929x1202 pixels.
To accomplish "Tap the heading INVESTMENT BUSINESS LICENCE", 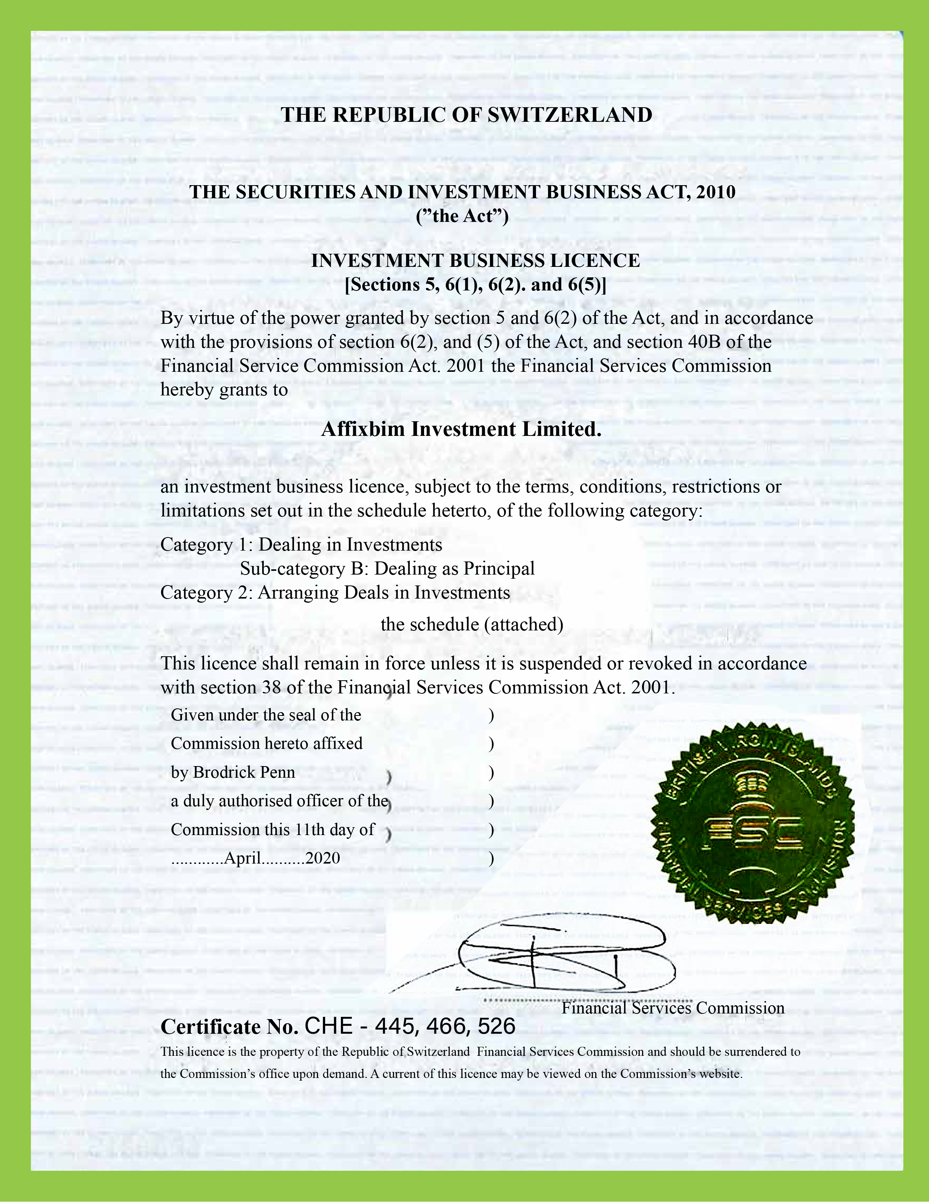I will tap(475, 261).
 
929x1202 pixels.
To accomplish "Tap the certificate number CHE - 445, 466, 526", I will tap(410, 1027).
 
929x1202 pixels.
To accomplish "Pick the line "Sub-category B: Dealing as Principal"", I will tap(387, 569).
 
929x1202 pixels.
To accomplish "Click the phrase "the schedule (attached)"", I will tap(472, 625).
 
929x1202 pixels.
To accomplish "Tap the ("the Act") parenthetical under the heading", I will tap(462, 216).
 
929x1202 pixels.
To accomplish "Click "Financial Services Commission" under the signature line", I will tap(673, 1008).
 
